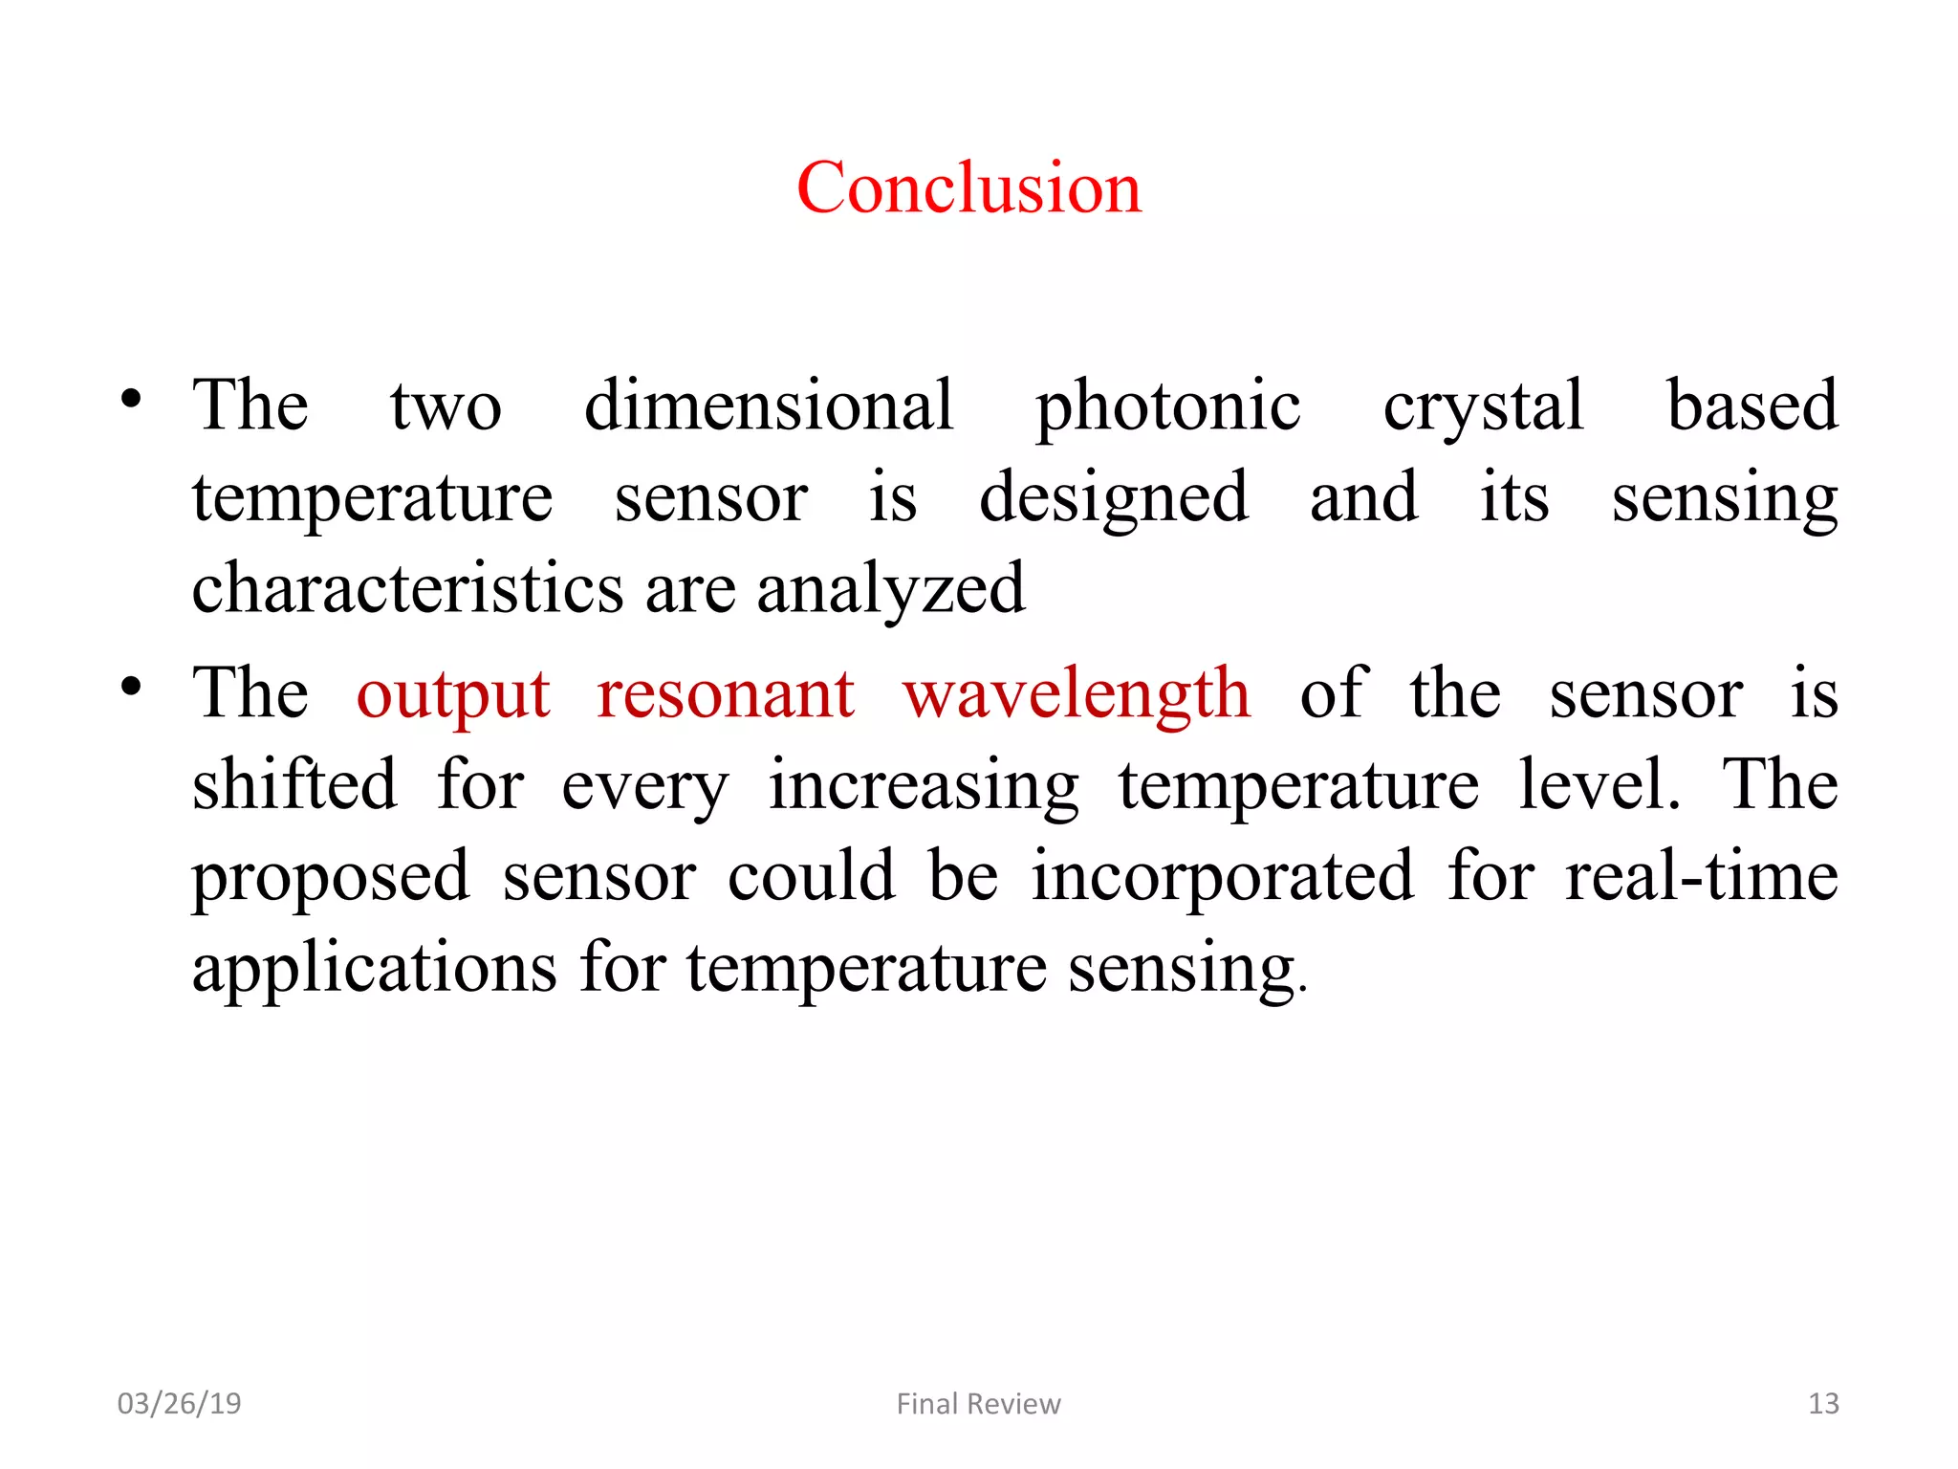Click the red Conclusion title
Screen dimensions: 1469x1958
pos(968,187)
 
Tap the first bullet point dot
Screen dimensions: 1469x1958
pos(131,398)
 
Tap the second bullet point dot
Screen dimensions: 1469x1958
pos(131,687)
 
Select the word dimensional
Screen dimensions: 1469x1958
pos(769,405)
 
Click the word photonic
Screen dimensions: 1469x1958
pos(1167,406)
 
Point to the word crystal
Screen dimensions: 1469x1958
pos(1483,406)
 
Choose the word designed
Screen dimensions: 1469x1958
pos(1114,497)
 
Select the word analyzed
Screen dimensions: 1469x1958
pos(890,589)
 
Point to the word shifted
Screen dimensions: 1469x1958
pos(294,784)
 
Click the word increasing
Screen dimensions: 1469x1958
pos(924,786)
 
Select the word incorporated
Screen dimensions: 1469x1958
pos(1222,876)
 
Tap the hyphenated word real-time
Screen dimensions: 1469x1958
pos(1701,876)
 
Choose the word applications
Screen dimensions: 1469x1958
pos(374,968)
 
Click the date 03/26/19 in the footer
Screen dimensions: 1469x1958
pos(179,1403)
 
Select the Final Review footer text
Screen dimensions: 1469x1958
pos(978,1403)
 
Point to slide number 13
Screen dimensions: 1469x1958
pos(1823,1403)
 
